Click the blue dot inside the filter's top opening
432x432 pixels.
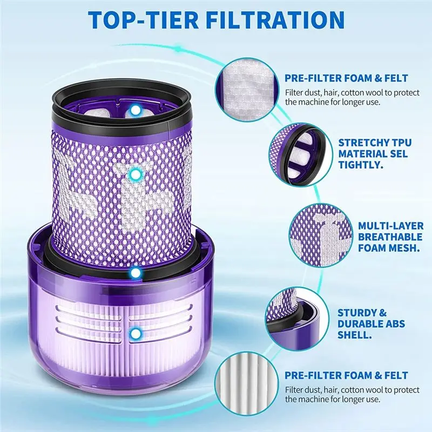(136, 110)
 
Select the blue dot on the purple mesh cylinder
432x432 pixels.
(136, 174)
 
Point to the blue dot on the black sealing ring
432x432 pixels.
(136, 274)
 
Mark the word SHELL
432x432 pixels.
(353, 335)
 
